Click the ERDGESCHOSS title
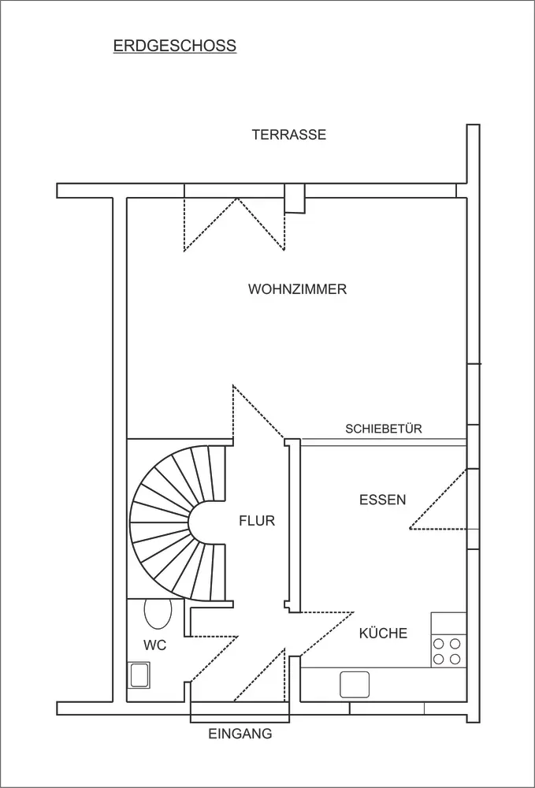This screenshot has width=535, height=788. pos(175,46)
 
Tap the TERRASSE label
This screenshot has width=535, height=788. pos(289,135)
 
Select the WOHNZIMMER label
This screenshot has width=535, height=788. pos(297,289)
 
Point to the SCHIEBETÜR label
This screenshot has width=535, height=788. pos(383,429)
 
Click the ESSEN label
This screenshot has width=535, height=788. pos(383,500)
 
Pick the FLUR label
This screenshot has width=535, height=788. pos(257,521)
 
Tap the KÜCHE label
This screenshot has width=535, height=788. pos(383,633)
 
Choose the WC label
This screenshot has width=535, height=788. pos(154,645)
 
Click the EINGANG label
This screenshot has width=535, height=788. pos(240,734)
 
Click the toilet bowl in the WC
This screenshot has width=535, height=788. pos(158,613)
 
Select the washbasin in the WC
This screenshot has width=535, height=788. pos(139,675)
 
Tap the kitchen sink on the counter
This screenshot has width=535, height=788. pos(355,685)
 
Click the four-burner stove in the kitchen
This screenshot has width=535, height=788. pos(447,652)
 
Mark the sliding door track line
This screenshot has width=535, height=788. pos(384,442)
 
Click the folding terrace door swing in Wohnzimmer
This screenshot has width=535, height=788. pos(235,224)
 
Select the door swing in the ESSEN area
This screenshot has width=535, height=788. pos(439,499)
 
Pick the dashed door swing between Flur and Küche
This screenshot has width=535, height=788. pos(326,634)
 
